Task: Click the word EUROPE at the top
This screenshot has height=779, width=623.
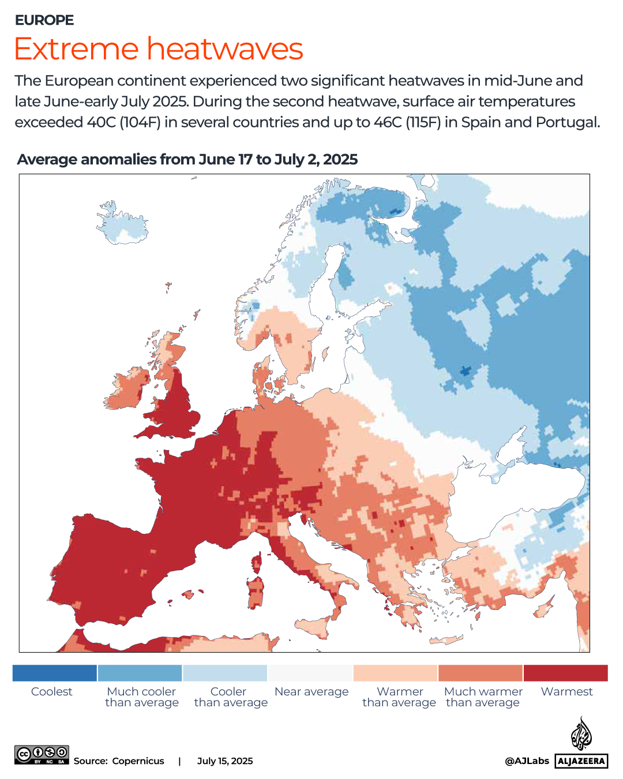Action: pos(44,20)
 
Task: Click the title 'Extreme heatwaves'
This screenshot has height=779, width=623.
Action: pos(159,48)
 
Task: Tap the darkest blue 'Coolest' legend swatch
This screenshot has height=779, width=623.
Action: pos(55,673)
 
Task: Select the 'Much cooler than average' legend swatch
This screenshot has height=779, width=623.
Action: pos(140,673)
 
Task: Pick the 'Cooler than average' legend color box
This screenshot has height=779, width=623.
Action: pos(225,673)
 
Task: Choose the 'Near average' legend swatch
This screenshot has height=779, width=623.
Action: pos(310,673)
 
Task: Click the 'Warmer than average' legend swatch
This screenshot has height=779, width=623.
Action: pos(395,673)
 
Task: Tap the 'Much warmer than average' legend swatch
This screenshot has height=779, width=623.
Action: pos(481,673)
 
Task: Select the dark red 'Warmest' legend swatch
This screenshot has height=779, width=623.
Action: pos(566,673)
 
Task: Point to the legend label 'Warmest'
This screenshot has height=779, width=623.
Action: pos(566,691)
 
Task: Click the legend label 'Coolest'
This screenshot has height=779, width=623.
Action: pos(52,691)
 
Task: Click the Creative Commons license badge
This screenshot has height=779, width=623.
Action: pos(42,755)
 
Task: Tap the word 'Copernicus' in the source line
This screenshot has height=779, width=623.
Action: pos(138,761)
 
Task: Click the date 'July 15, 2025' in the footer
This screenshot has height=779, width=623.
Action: pos(225,761)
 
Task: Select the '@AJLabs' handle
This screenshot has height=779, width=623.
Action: pos(527,761)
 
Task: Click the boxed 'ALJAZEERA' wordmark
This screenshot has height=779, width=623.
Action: pos(581,761)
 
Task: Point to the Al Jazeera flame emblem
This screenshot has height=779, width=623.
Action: pos(581,733)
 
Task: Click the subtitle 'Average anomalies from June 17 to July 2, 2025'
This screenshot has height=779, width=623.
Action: pos(187,159)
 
